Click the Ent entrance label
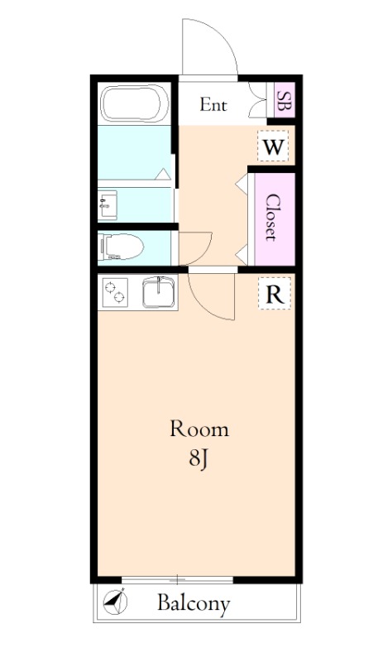point(213,105)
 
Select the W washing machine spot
point(273,148)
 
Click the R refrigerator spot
point(274,294)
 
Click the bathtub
point(134,104)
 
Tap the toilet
point(121,246)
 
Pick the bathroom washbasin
point(107,204)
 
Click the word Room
point(198,429)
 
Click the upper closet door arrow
point(243,184)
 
